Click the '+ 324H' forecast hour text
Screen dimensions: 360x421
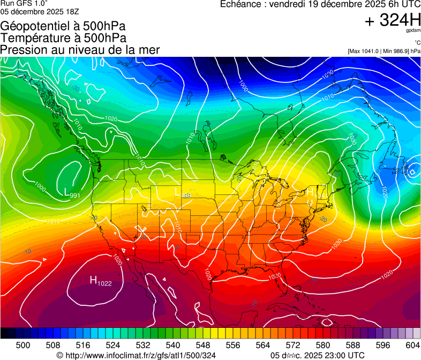392,20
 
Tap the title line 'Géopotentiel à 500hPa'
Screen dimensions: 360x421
63,26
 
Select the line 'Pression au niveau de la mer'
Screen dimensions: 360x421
80,50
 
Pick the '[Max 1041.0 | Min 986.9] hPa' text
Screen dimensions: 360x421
384,51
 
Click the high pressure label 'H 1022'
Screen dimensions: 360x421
100,281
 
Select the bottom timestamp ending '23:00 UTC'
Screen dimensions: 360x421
317,355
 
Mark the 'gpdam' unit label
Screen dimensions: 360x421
414,32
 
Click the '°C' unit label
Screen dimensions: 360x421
417,43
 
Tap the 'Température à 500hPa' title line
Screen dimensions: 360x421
63,38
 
